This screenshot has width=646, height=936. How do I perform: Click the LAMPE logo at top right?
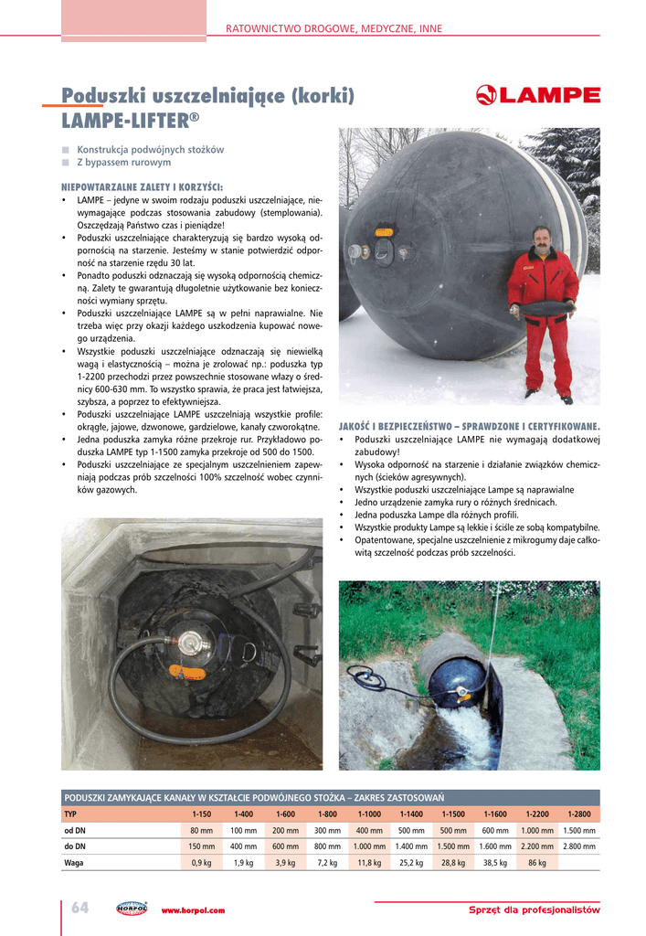[538, 96]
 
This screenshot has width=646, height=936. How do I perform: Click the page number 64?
[80, 908]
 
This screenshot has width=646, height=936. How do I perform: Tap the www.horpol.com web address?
[193, 910]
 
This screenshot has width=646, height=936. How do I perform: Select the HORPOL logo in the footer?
[132, 909]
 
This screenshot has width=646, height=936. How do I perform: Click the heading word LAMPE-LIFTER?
[125, 120]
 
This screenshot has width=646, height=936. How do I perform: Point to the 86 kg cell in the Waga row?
[537, 862]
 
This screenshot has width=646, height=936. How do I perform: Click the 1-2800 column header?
[579, 814]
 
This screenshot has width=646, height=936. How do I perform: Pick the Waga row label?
[74, 862]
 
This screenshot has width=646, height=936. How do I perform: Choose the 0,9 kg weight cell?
[201, 862]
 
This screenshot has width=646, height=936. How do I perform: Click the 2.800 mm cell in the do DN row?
[579, 846]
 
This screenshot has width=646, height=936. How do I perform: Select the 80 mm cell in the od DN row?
[201, 830]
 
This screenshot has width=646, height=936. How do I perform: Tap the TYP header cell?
[71, 814]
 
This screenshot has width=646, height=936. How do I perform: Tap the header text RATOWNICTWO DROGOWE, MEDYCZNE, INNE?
[334, 29]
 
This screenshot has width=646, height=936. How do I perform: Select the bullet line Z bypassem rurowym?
[123, 163]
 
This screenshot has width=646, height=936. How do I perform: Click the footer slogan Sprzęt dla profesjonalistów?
[534, 910]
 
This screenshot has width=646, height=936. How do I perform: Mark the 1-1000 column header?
[369, 814]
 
